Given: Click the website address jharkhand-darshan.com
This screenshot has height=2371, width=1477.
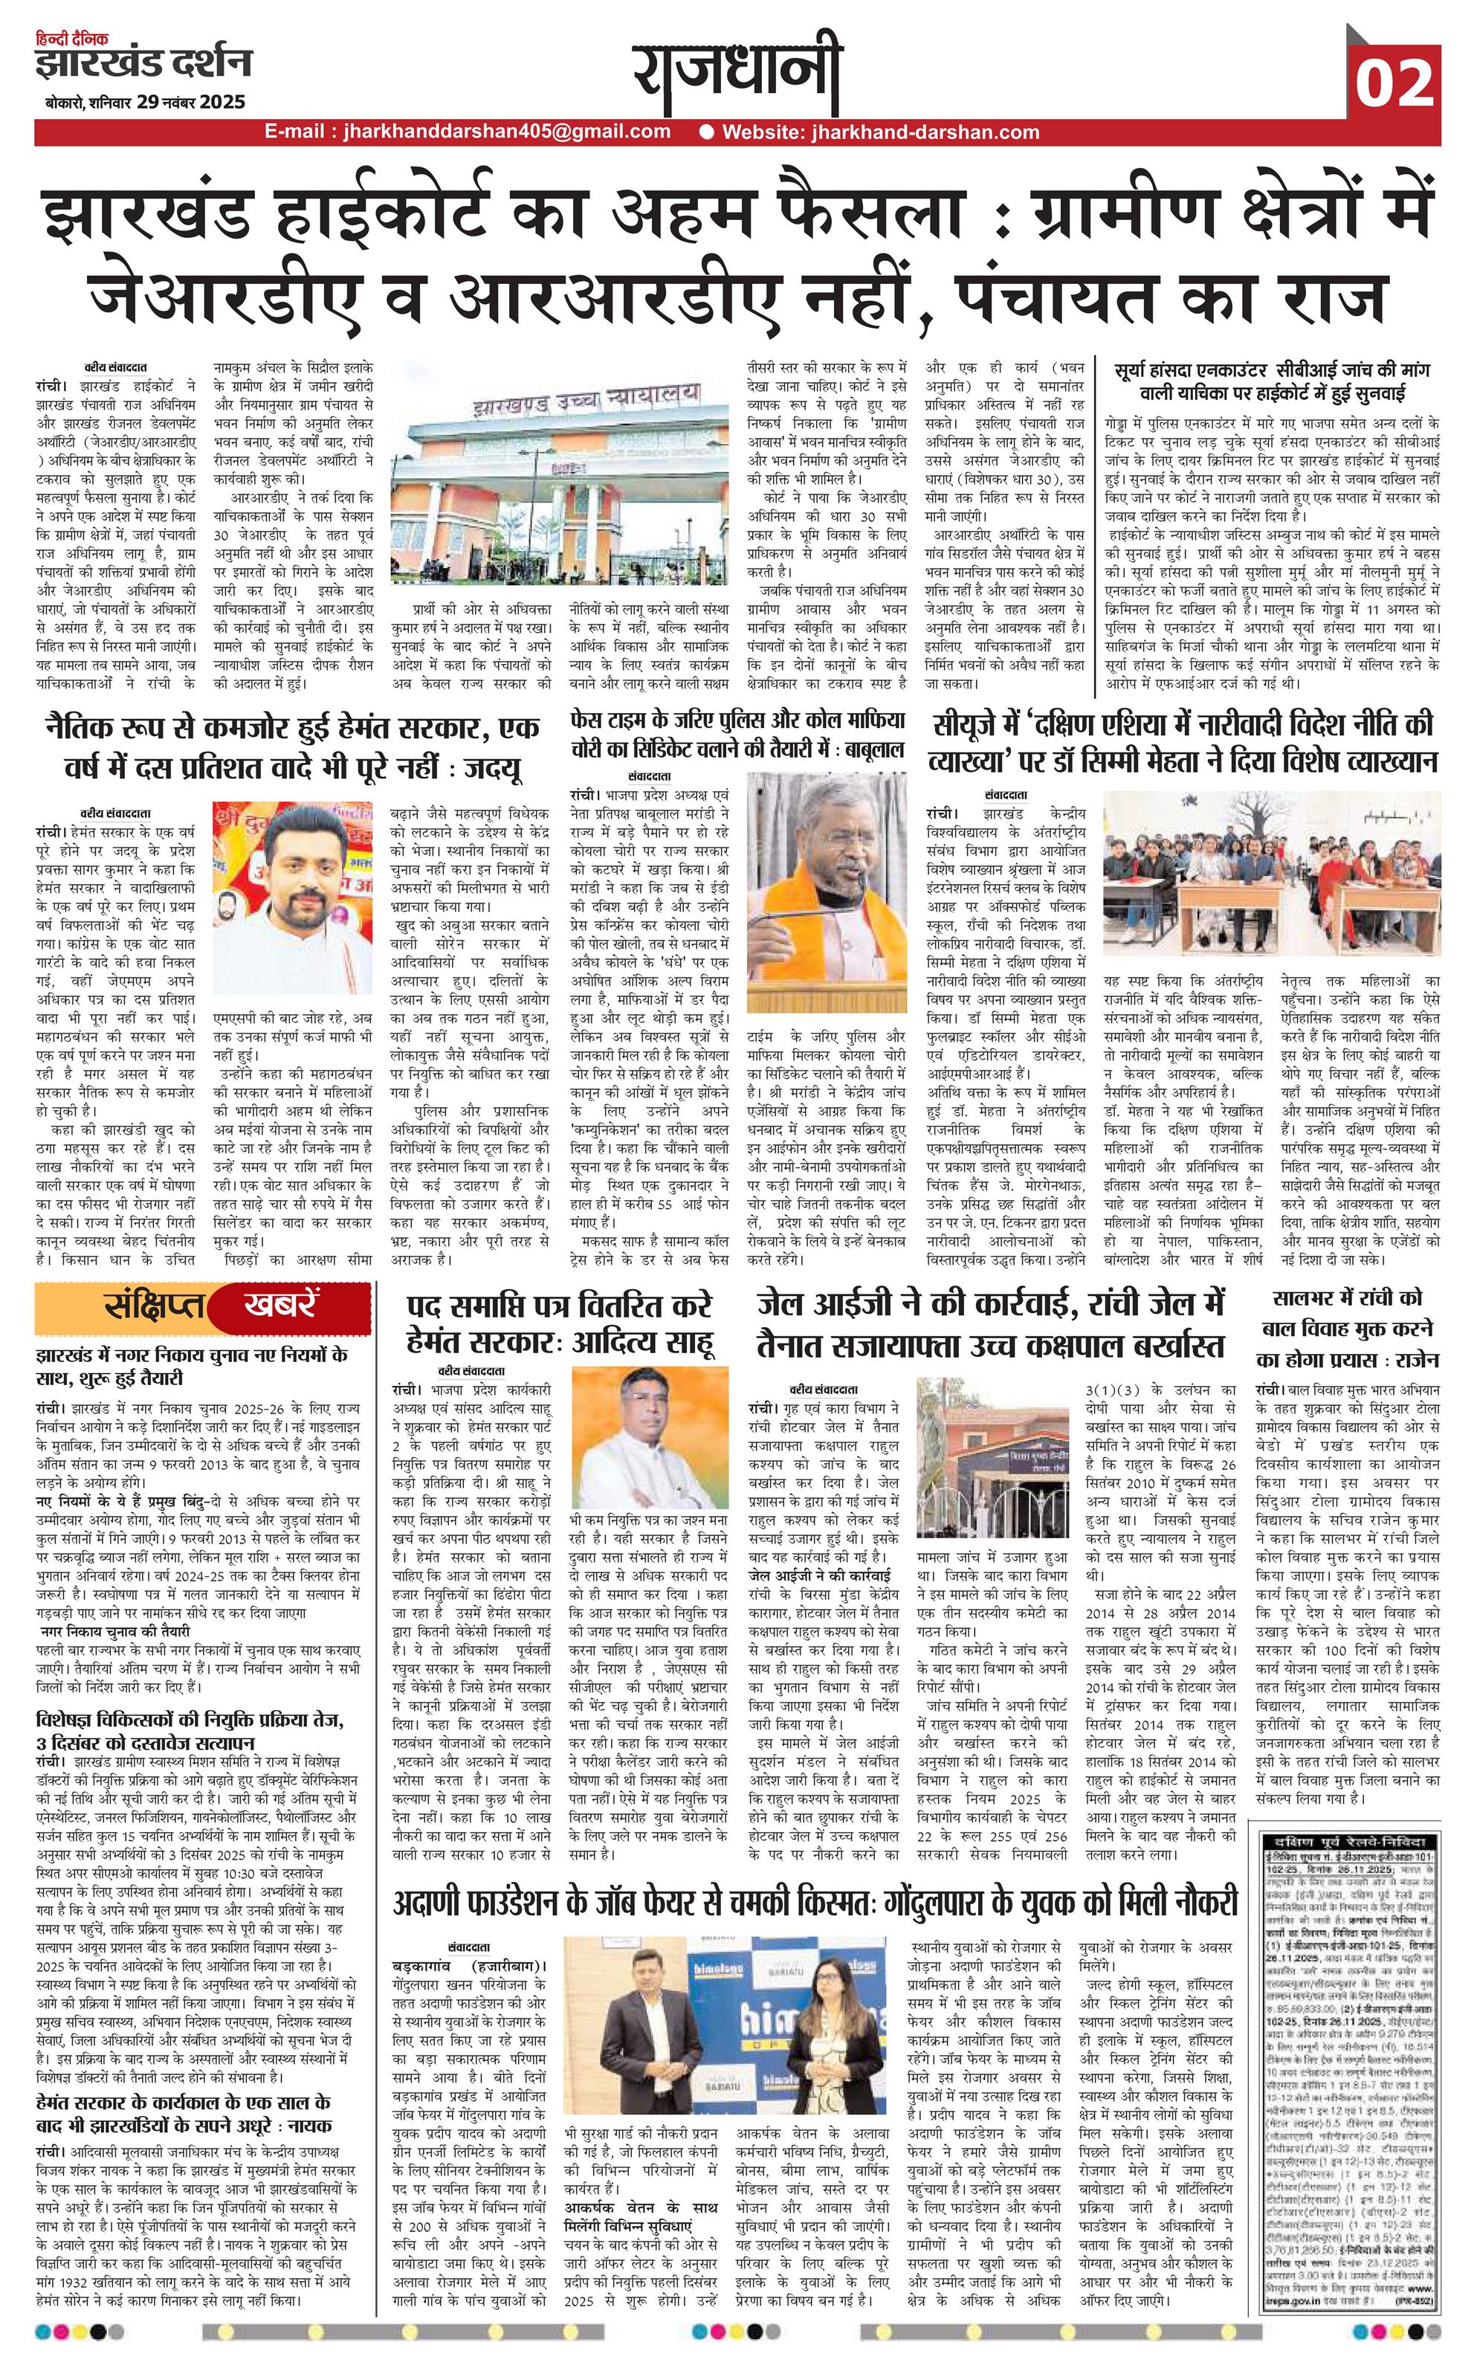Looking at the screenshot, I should pyautogui.click(x=879, y=132).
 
